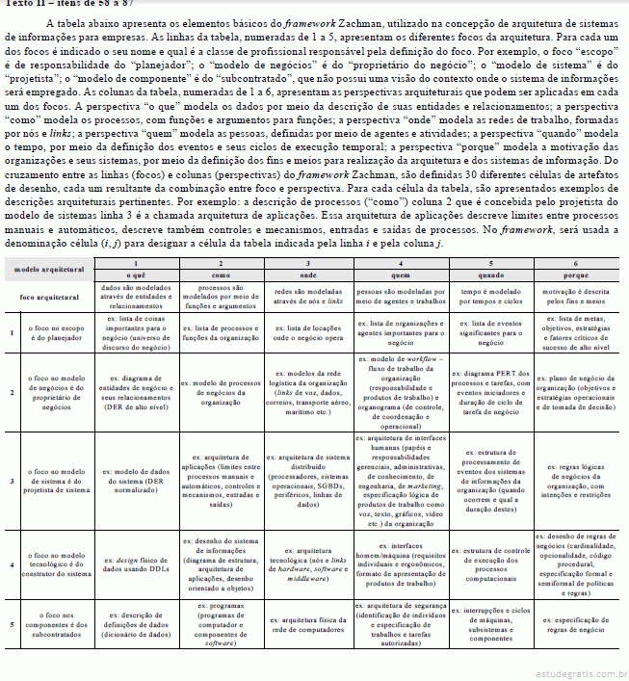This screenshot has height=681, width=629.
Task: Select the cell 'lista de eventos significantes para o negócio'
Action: [490, 333]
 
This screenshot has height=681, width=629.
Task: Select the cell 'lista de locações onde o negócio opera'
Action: [307, 333]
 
